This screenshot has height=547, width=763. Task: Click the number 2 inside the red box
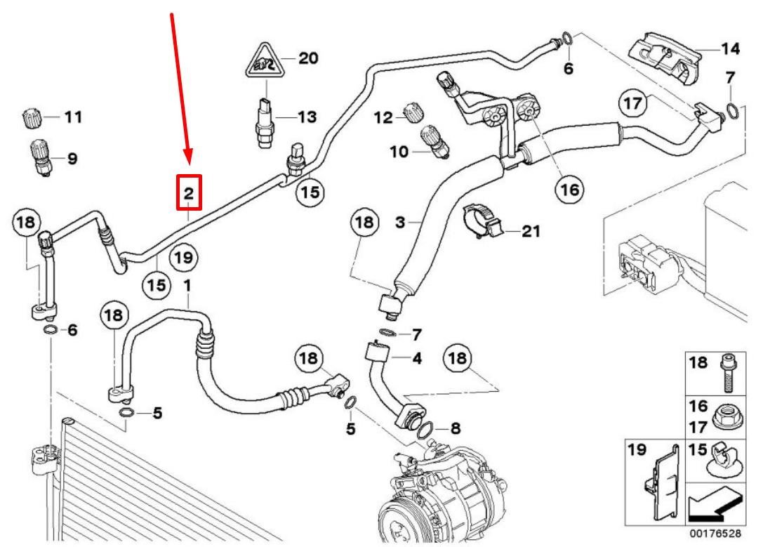click(x=189, y=192)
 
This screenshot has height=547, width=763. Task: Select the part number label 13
click(x=307, y=117)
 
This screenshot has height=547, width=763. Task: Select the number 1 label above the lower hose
click(x=187, y=285)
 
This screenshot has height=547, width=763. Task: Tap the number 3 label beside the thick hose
click(x=401, y=223)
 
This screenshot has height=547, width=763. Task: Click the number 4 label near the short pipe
click(x=417, y=358)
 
